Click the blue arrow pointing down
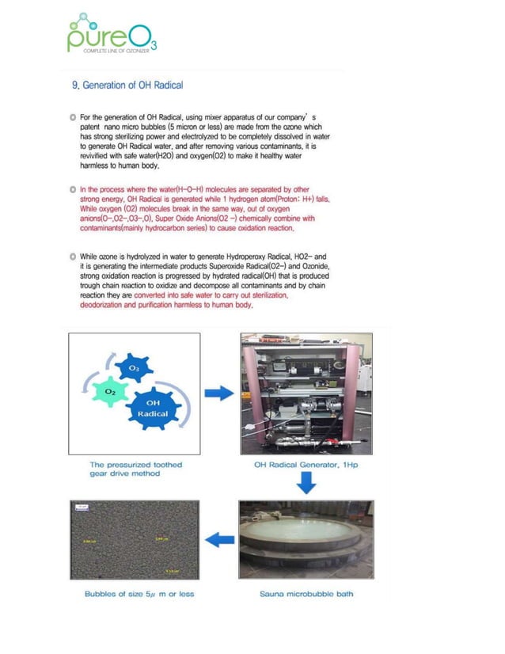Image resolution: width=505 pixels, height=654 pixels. coord(306,482)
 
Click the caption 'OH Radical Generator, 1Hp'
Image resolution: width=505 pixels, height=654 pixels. coord(306,465)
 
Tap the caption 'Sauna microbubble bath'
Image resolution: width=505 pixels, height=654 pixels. coord(306,593)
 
